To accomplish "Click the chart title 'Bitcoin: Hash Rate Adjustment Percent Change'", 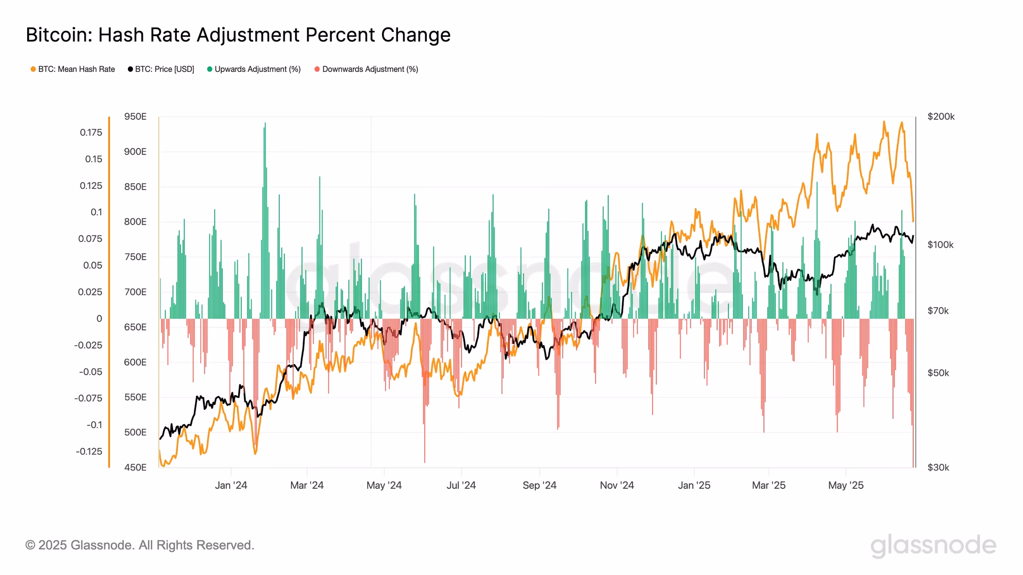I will (x=238, y=35).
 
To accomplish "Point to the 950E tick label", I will (x=135, y=117).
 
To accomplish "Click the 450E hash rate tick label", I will (x=135, y=467).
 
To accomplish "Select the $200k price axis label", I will (x=941, y=117).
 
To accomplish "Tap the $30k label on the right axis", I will (x=938, y=467).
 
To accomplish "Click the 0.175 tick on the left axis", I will (x=91, y=133).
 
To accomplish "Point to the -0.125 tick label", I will (x=89, y=451).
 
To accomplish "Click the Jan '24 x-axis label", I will (x=231, y=486).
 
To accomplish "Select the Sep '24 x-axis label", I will (x=539, y=486).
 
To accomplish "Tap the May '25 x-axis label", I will (x=846, y=486).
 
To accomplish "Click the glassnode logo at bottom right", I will (x=933, y=546).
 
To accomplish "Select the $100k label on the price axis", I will (x=940, y=245).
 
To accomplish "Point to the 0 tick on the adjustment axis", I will (x=99, y=319).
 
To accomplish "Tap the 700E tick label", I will (x=135, y=292).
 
